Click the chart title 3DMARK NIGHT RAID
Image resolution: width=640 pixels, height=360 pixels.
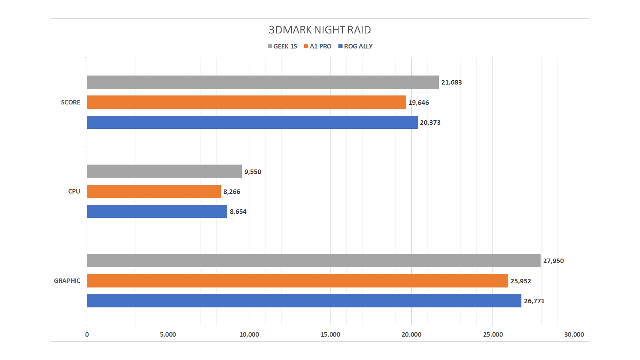coord(320,30)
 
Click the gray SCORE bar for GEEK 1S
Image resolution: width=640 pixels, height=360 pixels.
coord(263,82)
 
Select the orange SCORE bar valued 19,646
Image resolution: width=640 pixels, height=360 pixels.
coord(246,102)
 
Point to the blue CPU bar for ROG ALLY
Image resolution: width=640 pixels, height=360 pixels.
coord(157,211)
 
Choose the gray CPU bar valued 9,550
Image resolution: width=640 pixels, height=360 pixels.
coord(164,171)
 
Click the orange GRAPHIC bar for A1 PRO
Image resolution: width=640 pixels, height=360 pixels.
coord(297,281)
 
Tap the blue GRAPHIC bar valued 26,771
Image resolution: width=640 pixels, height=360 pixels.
coord(304,301)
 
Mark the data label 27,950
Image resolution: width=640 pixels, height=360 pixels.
coord(553,261)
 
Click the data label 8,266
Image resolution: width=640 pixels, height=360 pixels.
coord(232,192)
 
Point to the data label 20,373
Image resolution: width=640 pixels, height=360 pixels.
coord(430,123)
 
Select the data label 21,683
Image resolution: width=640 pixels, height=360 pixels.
coord(452,82)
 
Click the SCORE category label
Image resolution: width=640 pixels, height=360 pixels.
coord(70,102)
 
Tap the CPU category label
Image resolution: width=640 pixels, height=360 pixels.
coord(74,191)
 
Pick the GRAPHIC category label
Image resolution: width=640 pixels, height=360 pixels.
coord(67,281)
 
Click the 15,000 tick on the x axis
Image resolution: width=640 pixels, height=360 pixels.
coord(330,334)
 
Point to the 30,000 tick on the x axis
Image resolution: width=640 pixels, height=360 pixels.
coord(574,334)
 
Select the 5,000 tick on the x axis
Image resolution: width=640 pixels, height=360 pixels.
coord(168,334)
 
